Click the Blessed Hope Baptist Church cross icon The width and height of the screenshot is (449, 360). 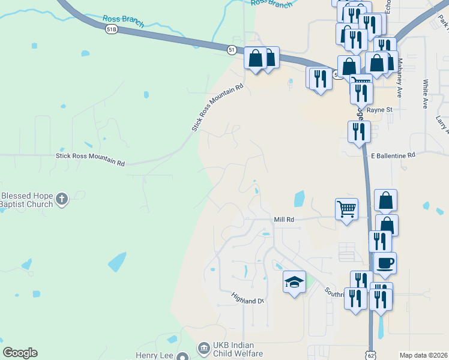point(62,199)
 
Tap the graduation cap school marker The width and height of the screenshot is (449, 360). point(294,281)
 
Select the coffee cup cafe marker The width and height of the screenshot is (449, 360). point(385,262)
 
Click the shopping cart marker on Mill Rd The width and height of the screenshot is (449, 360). point(346,209)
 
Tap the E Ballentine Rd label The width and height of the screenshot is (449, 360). point(393,155)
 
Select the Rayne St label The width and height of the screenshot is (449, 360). point(379,110)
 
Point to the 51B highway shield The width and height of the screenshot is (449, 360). point(111,29)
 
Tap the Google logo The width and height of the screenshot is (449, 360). point(20,353)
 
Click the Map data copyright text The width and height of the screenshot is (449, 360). point(423,355)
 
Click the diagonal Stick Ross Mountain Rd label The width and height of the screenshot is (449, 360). point(217,107)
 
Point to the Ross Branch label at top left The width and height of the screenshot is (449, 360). point(123,22)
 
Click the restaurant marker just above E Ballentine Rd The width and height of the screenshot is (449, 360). point(359,131)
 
